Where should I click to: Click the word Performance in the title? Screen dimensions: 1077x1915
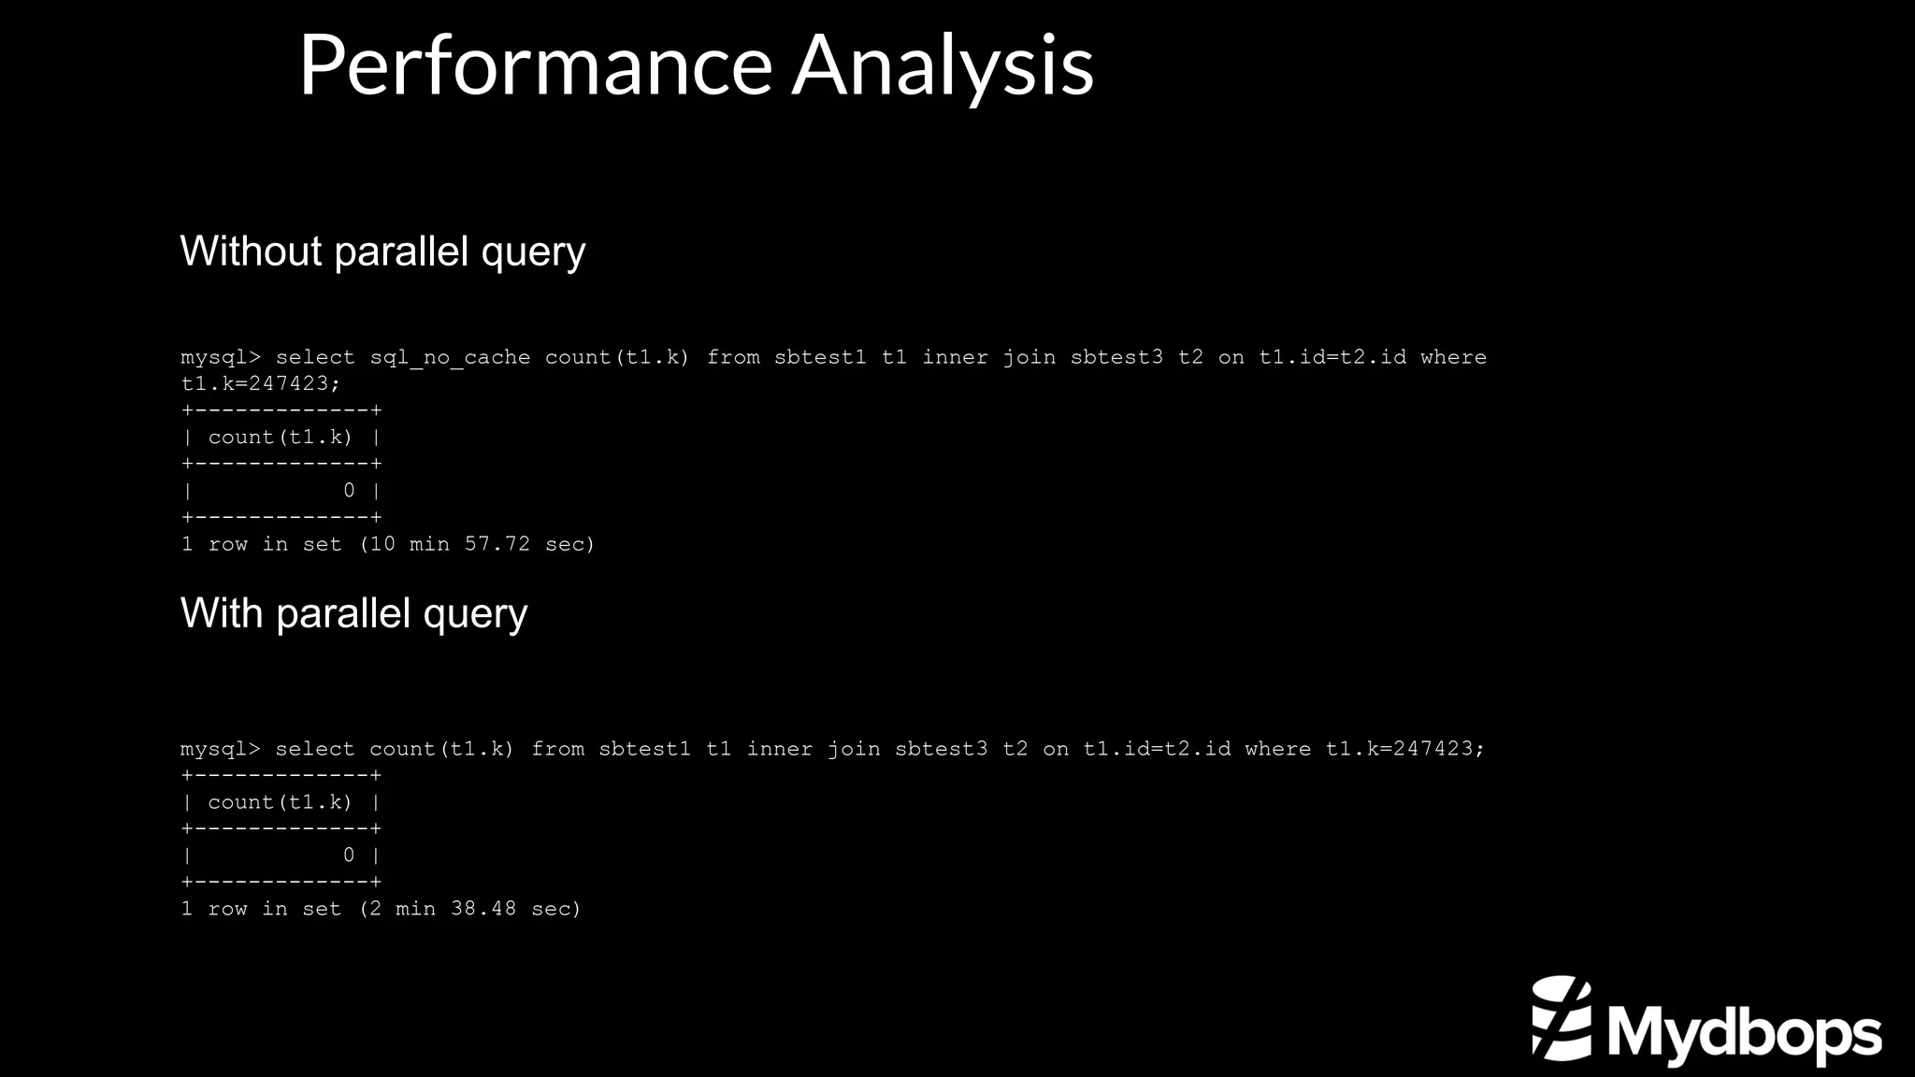pos(535,65)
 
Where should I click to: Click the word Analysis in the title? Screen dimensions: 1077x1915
pos(943,65)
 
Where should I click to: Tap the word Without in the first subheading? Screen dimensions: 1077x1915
pos(251,251)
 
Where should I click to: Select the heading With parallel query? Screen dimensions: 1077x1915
pos(353,614)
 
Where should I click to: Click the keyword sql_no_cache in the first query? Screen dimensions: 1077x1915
pos(450,358)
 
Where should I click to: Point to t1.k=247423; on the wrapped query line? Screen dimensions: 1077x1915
pos(261,384)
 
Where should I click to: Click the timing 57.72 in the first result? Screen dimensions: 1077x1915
pos(497,544)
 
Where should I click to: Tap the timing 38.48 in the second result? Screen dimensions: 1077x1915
pos(483,909)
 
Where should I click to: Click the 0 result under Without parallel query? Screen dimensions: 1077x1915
pos(349,491)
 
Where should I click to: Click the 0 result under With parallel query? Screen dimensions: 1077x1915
pos(349,855)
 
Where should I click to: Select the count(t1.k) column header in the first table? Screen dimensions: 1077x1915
pos(281,438)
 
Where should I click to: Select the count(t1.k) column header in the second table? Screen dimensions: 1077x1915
pos(281,802)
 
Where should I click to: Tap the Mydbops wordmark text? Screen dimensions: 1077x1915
pos(1745,1033)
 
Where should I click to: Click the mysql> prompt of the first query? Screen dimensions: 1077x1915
pos(221,358)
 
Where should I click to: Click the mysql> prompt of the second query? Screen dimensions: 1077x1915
pos(221,750)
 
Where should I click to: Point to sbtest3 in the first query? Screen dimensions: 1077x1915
pos(1116,358)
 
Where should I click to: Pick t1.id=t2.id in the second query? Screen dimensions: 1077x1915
pos(1157,750)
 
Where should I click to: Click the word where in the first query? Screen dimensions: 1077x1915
pos(1453,358)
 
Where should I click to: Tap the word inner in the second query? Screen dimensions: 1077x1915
pos(780,750)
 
